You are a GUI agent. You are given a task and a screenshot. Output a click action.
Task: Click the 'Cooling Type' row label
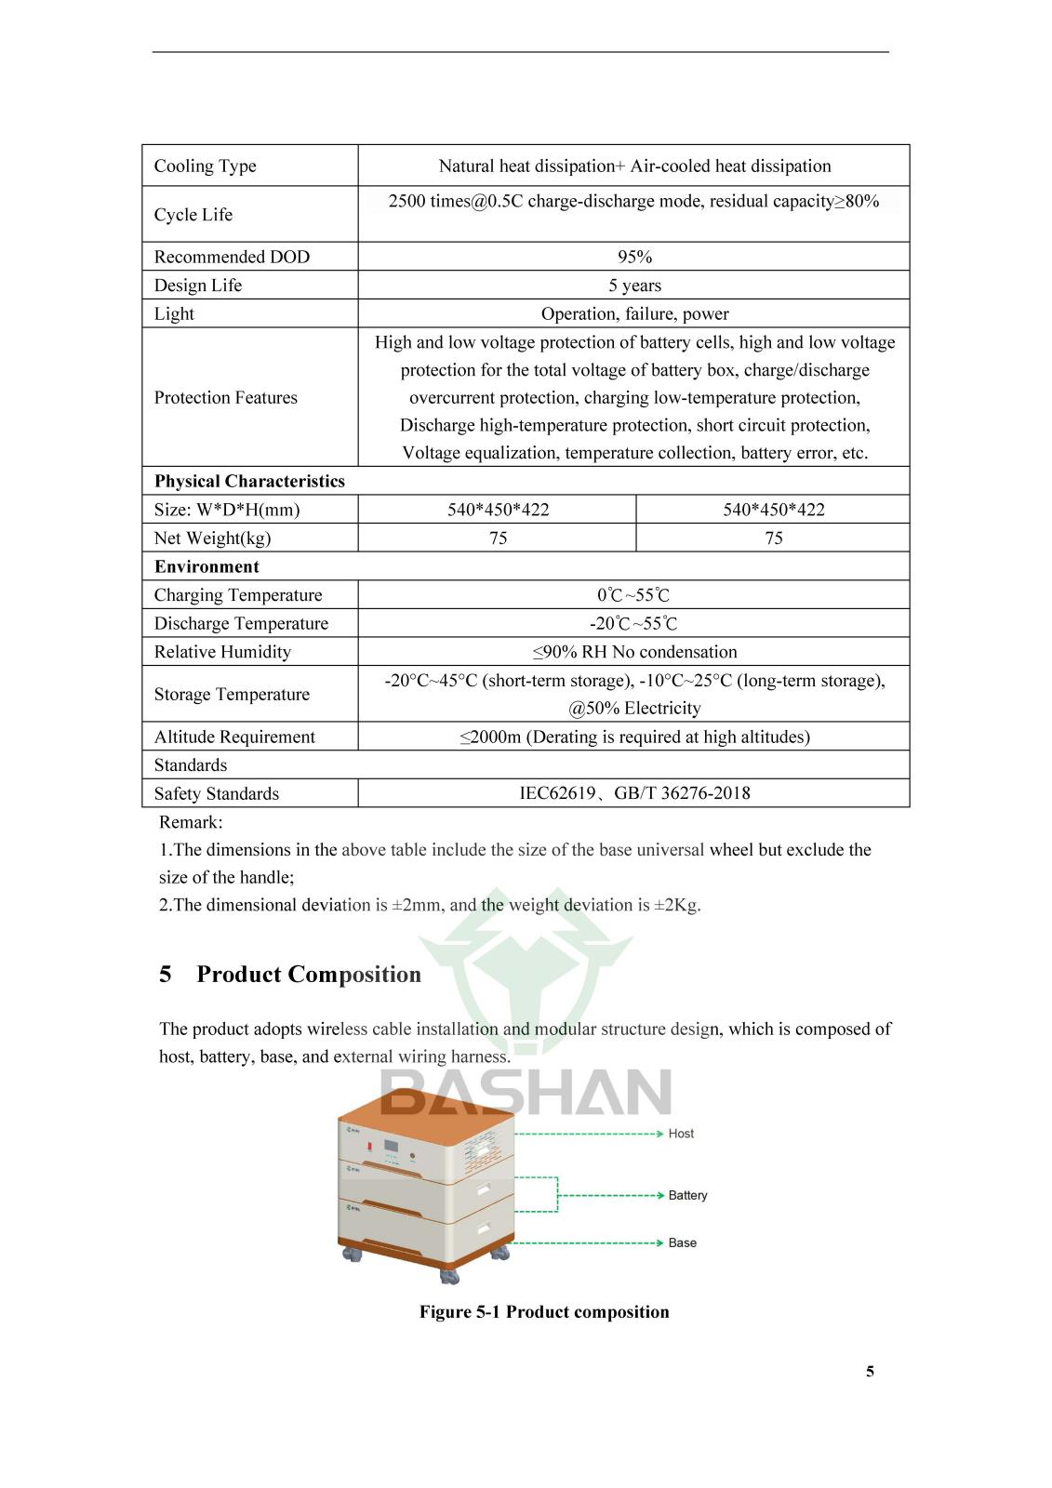click(x=205, y=166)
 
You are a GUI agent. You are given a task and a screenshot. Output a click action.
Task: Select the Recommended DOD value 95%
click(x=634, y=257)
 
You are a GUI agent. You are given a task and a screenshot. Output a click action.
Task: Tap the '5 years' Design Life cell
click(x=634, y=286)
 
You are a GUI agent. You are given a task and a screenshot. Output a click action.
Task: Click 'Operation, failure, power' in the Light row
click(x=634, y=314)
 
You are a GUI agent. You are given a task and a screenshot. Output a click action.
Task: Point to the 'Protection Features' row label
click(x=225, y=398)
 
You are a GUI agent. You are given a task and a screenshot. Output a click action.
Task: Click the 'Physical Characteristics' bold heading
click(x=249, y=482)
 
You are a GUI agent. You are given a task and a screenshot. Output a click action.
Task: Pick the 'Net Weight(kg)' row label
click(x=212, y=538)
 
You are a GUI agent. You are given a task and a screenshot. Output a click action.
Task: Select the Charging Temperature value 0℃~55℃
click(x=633, y=595)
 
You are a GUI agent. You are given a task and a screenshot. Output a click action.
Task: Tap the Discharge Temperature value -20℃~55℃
click(x=633, y=624)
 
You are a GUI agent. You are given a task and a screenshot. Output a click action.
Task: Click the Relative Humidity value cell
click(x=634, y=652)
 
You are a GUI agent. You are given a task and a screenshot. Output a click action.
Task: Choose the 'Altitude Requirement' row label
click(x=234, y=737)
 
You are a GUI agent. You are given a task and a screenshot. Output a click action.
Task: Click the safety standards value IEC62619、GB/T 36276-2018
click(x=634, y=793)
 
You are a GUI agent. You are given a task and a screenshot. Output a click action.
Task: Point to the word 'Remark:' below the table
click(x=191, y=822)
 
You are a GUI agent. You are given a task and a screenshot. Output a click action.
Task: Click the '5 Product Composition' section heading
click(x=290, y=975)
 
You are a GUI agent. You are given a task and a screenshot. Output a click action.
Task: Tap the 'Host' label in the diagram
click(x=681, y=1134)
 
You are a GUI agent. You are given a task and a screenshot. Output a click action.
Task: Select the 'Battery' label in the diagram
click(x=687, y=1195)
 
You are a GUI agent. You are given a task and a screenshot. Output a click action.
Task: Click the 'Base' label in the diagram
click(x=682, y=1242)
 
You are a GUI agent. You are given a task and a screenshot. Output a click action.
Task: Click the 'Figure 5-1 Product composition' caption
click(x=544, y=1312)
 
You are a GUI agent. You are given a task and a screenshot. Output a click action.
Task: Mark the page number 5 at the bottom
click(x=870, y=1371)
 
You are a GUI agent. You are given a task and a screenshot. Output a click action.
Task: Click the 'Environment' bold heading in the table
click(x=206, y=567)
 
